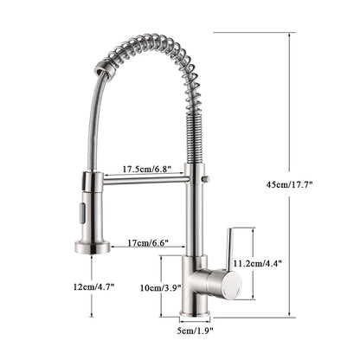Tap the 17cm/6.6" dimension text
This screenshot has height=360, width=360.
point(148,245)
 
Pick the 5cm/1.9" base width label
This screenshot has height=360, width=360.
point(196,329)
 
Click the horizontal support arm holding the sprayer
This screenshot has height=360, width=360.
point(143,180)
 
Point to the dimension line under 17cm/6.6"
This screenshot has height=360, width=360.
point(147,254)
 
